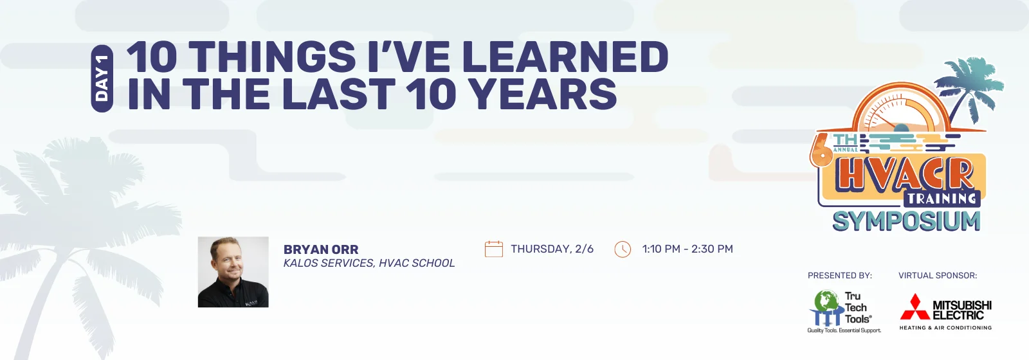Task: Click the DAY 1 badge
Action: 102,78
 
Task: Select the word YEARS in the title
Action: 544,94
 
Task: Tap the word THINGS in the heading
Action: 272,57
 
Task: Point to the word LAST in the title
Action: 338,94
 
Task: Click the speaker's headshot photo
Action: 233,272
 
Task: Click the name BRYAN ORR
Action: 321,249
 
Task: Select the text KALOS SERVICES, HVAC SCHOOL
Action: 369,263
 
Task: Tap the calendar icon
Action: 494,249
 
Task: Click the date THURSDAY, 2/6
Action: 552,249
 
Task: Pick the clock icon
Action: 623,249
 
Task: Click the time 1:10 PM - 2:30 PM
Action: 688,249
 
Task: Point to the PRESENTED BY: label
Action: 840,276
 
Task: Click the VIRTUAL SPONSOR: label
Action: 938,276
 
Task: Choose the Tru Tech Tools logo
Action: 844,311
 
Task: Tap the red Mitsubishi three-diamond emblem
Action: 915,307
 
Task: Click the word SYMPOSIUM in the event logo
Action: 906,221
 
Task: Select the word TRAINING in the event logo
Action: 942,199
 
